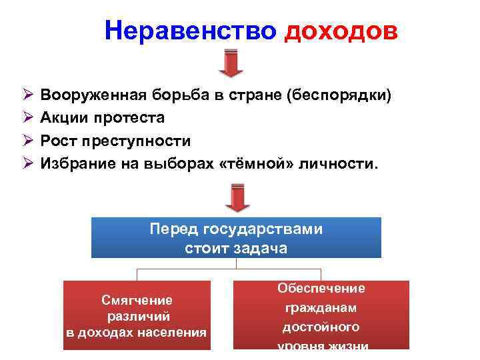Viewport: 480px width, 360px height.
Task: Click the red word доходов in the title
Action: pyautogui.click(x=341, y=31)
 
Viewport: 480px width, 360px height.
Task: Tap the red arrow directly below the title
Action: pyautogui.click(x=231, y=63)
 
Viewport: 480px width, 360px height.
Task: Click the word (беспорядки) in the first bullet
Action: pyautogui.click(x=339, y=95)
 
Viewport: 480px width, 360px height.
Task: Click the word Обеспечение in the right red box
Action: pyautogui.click(x=321, y=288)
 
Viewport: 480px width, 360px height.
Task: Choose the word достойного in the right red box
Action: pyautogui.click(x=321, y=327)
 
